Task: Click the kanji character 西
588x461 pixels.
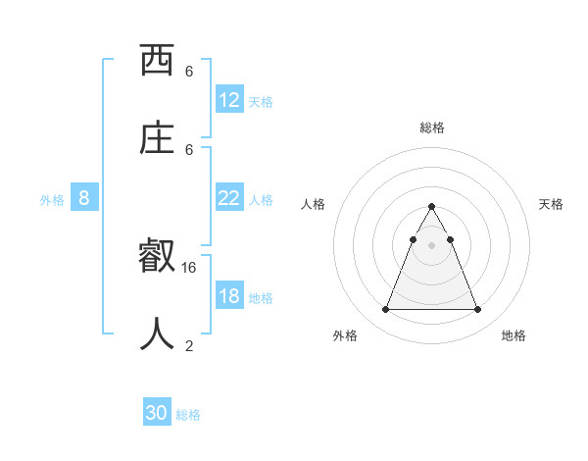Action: [x=157, y=61]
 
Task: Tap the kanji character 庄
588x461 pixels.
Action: [x=157, y=138]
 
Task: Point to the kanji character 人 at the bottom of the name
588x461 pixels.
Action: [x=157, y=334]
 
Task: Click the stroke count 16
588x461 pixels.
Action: [x=189, y=267]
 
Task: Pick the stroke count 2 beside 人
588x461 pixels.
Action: [x=189, y=344]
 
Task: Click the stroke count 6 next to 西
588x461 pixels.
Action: [x=189, y=71]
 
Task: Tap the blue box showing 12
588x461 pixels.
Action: [x=229, y=100]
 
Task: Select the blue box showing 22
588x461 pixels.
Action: [x=229, y=198]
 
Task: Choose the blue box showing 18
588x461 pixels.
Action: [x=229, y=296]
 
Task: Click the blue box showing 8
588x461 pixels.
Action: [x=84, y=198]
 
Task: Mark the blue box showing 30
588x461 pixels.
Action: [x=157, y=413]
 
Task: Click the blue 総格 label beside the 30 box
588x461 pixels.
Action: [x=188, y=415]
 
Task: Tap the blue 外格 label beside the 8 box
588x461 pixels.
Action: [x=52, y=200]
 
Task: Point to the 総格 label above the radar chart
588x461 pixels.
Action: [x=431, y=128]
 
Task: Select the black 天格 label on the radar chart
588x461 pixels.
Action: [x=551, y=204]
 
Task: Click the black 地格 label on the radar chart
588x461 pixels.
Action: [x=514, y=335]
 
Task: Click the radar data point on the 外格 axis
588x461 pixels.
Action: [x=385, y=310]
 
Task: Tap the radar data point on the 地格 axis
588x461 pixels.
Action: [x=477, y=310]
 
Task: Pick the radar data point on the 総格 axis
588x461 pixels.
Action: [x=431, y=206]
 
